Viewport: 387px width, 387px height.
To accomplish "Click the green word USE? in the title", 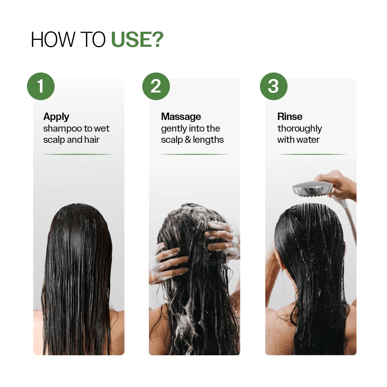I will pyautogui.click(x=137, y=40).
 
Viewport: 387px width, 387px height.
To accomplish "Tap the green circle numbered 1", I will pyautogui.click(x=41, y=86).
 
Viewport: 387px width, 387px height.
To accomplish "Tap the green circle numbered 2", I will pyautogui.click(x=156, y=86).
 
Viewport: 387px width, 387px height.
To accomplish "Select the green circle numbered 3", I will pyautogui.click(x=273, y=86).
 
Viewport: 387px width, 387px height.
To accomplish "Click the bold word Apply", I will pyautogui.click(x=56, y=116).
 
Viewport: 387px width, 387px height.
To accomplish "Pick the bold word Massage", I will pyautogui.click(x=181, y=116).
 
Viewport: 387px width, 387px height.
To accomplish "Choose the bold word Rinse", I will pyautogui.click(x=289, y=116).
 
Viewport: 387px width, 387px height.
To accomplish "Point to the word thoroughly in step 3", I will pyautogui.click(x=300, y=128).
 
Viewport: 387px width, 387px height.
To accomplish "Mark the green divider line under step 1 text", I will pyautogui.click(x=79, y=154).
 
